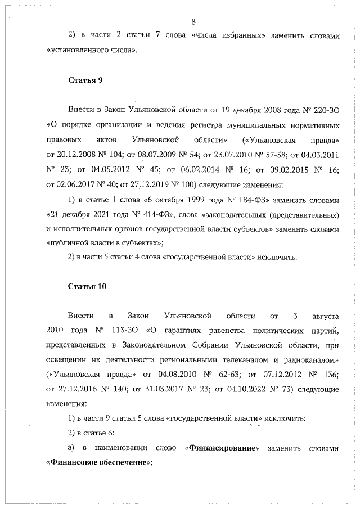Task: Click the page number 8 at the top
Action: pyautogui.click(x=193, y=22)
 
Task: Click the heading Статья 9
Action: pyautogui.click(x=85, y=79)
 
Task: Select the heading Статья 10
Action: pyautogui.click(x=87, y=286)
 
